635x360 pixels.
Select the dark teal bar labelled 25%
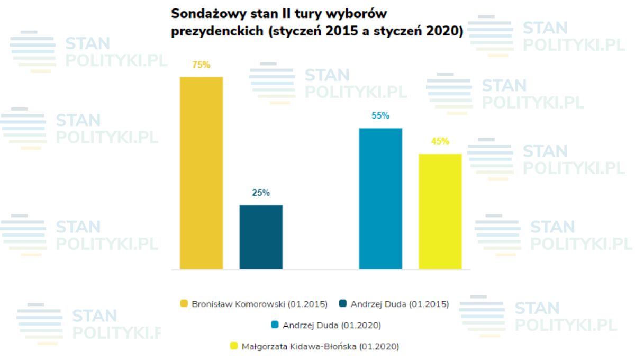261,237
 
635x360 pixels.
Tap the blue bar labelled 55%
380,199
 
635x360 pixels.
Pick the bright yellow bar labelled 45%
440,211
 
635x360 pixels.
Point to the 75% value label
201,65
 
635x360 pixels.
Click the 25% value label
261,193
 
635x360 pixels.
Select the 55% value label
380,115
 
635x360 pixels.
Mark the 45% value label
440,141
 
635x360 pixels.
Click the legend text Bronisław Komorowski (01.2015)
260,304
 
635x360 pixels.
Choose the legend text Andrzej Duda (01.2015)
399,304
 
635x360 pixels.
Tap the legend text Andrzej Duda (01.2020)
332,325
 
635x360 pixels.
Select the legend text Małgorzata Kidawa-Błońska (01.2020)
320,347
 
